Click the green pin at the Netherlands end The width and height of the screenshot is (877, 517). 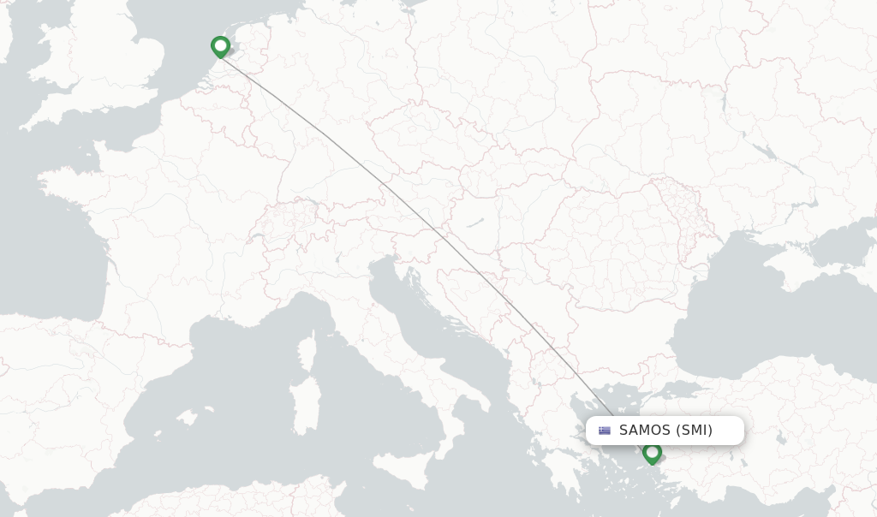(221, 46)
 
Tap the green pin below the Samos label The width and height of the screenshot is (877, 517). (653, 453)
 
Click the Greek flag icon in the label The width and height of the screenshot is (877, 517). (605, 431)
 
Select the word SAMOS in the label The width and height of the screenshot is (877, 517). (645, 431)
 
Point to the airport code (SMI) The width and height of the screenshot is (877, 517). (694, 431)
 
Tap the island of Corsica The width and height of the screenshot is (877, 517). (307, 352)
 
